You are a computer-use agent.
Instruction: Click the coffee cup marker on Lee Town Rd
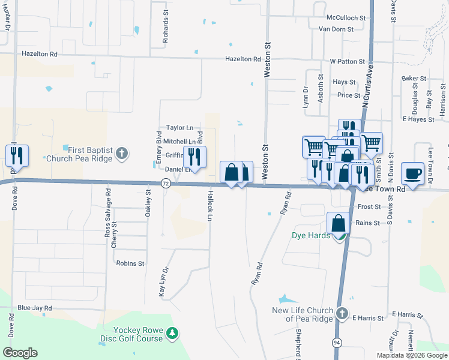click(412, 173)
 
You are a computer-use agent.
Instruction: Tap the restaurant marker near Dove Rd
click(17, 156)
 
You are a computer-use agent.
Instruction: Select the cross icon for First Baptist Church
click(122, 153)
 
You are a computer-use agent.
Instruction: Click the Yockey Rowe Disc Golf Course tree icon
click(172, 333)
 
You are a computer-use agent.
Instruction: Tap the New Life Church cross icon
click(342, 314)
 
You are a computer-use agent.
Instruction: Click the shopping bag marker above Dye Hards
click(339, 223)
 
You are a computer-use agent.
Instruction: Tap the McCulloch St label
click(346, 19)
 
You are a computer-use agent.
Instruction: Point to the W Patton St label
click(348, 61)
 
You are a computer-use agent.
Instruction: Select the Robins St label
click(130, 263)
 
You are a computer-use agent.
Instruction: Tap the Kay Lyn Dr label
click(161, 283)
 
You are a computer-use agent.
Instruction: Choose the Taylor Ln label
click(180, 128)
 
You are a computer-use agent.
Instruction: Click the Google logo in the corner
click(20, 352)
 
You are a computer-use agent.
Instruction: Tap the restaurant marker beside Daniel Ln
click(194, 157)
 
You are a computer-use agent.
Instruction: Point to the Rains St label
click(368, 223)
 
